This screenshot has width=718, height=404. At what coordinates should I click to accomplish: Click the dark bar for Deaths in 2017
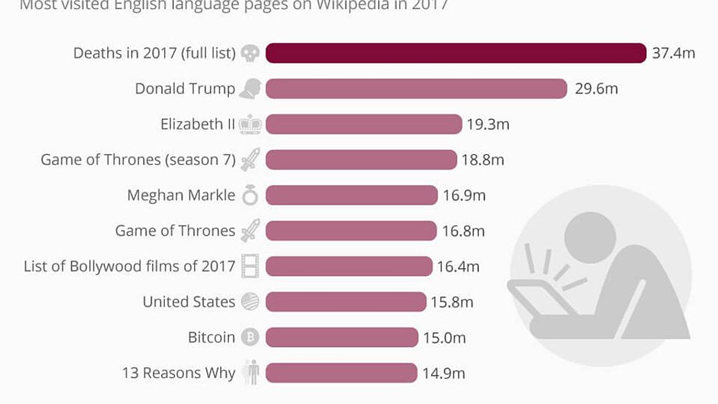pos(456,53)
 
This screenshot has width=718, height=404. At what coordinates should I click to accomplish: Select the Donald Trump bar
pos(416,89)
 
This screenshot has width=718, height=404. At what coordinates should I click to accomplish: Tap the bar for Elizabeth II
pos(363,124)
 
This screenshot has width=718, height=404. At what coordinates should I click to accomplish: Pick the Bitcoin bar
pos(341,337)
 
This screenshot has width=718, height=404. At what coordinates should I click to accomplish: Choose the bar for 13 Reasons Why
pos(341,373)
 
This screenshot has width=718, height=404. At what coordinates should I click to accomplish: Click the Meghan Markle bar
pos(351,196)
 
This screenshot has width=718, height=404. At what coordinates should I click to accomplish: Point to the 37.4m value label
pos(674,53)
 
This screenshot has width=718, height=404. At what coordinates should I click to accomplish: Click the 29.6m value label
pos(596,89)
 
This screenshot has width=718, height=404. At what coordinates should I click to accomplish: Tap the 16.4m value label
pos(458,266)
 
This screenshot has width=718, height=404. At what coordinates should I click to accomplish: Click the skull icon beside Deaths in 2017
pos(250,53)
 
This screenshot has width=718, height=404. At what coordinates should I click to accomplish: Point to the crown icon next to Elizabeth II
pos(250,124)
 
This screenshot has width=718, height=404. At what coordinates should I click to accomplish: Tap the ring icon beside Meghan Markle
pos(250,196)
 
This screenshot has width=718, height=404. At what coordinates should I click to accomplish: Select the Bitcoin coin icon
pos(250,337)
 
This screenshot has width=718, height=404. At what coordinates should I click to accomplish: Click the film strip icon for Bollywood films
pos(250,266)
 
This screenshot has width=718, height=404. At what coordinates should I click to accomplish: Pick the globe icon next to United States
pos(250,302)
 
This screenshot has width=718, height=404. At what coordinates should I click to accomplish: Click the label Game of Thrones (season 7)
pos(138,160)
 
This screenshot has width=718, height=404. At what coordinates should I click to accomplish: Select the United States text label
pos(189,302)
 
